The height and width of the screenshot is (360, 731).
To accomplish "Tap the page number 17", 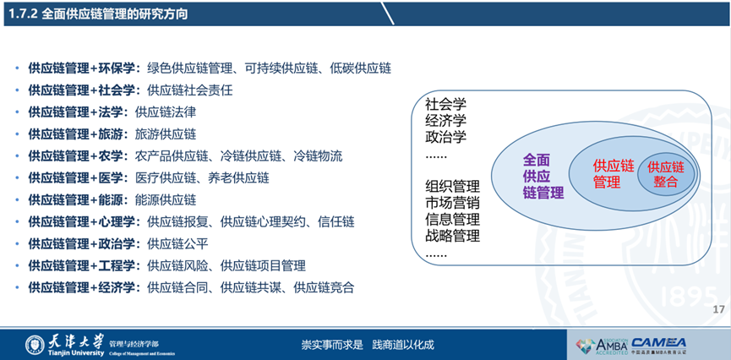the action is point(719,309).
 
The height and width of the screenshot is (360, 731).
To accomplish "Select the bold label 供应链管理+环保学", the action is point(84,68).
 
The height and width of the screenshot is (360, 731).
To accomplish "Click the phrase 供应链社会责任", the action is point(189,90).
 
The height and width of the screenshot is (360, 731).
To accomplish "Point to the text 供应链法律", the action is point(165,112).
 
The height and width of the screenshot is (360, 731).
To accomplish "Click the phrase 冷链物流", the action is point(318,156).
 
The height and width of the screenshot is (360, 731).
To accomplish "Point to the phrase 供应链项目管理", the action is point(263,266).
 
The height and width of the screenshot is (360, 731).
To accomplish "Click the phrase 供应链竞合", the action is point(324,287).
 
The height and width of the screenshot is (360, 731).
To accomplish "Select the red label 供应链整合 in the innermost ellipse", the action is point(665,174).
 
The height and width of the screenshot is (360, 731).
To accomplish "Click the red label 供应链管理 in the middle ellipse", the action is point(614,174).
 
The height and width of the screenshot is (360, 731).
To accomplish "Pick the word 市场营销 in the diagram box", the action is point(452,203).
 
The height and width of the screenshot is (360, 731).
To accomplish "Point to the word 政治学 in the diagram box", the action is point(445,137).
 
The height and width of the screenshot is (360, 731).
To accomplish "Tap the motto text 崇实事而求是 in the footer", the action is point(332,345).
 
